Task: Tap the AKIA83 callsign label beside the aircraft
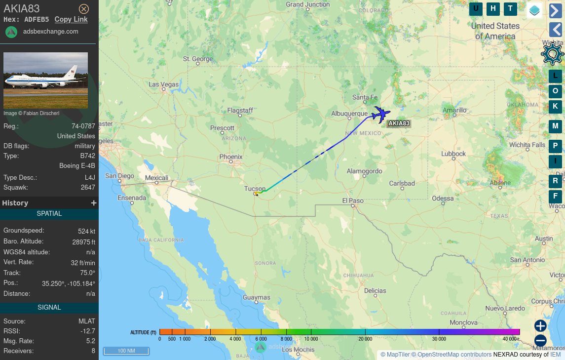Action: point(399,123)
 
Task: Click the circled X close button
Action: point(84,9)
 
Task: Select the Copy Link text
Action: point(71,19)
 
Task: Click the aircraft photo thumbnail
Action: point(45,80)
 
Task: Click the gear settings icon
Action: point(552,54)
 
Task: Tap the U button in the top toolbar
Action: point(476,8)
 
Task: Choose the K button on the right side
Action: point(555,106)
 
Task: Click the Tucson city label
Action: point(255,189)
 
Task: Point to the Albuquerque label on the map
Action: point(349,114)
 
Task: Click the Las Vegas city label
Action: point(164,84)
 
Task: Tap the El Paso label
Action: point(352,200)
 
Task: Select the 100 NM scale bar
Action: point(126,351)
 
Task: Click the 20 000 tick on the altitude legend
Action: point(365,339)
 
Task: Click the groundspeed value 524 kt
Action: point(86,231)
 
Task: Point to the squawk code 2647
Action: point(88,188)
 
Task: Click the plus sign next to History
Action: point(94,203)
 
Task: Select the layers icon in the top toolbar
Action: point(534,9)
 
